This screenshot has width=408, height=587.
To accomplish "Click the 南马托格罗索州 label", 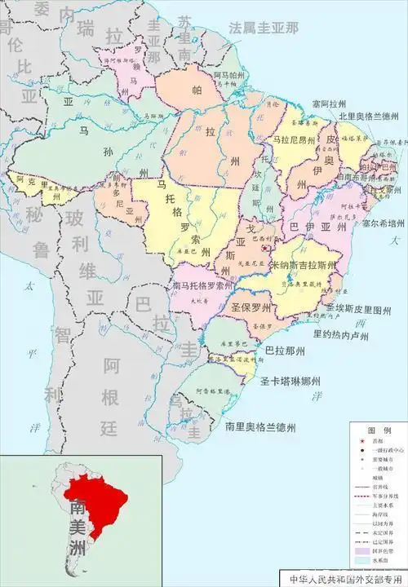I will tap(203, 286).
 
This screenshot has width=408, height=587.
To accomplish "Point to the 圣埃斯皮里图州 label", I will tap(359, 309).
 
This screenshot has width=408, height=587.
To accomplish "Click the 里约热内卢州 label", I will tap(344, 333).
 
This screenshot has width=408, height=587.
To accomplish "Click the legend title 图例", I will tap(376, 429).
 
